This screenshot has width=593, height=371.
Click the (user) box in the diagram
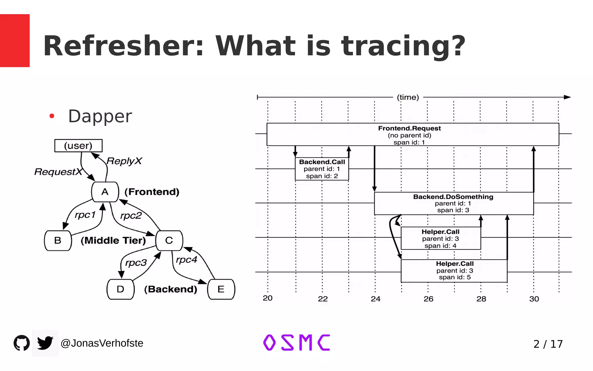pos(78,146)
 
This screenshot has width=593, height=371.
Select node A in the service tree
pos(105,192)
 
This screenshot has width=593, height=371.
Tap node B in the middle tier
pos(58,241)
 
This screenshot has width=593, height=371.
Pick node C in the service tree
pos(169,241)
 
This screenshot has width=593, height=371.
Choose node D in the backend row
pos(120,289)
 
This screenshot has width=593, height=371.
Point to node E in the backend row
pos(221,289)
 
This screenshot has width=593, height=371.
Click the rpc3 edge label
pos(136,263)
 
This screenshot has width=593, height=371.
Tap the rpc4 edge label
pos(186,260)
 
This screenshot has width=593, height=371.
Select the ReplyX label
pos(124,161)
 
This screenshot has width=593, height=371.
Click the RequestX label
pos(58,172)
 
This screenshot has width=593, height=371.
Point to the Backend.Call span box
pos(322,169)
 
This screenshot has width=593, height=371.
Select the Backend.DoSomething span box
pos(453,203)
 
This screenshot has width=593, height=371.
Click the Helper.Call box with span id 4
pos(440,238)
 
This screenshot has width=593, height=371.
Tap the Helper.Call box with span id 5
pos(454,270)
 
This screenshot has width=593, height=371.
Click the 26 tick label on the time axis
pos(428,299)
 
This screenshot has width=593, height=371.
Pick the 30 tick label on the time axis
pos(534,299)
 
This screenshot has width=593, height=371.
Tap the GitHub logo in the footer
pos(22,343)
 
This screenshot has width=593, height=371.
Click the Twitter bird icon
pos(45,343)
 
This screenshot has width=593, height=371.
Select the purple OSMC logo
pos(296,343)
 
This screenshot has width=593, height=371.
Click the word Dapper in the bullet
pos(100,116)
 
